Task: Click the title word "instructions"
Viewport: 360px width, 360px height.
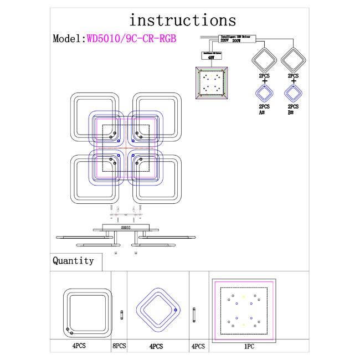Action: point(182,20)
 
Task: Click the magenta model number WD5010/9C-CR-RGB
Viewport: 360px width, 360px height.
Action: point(132,39)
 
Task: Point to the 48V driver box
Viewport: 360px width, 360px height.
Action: point(210,55)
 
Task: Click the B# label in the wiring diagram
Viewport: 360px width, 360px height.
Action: point(293,112)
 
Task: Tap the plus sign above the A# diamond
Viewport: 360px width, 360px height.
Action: point(264,81)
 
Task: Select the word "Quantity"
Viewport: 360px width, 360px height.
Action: point(73,260)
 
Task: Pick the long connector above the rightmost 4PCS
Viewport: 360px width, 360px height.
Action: point(194,315)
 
